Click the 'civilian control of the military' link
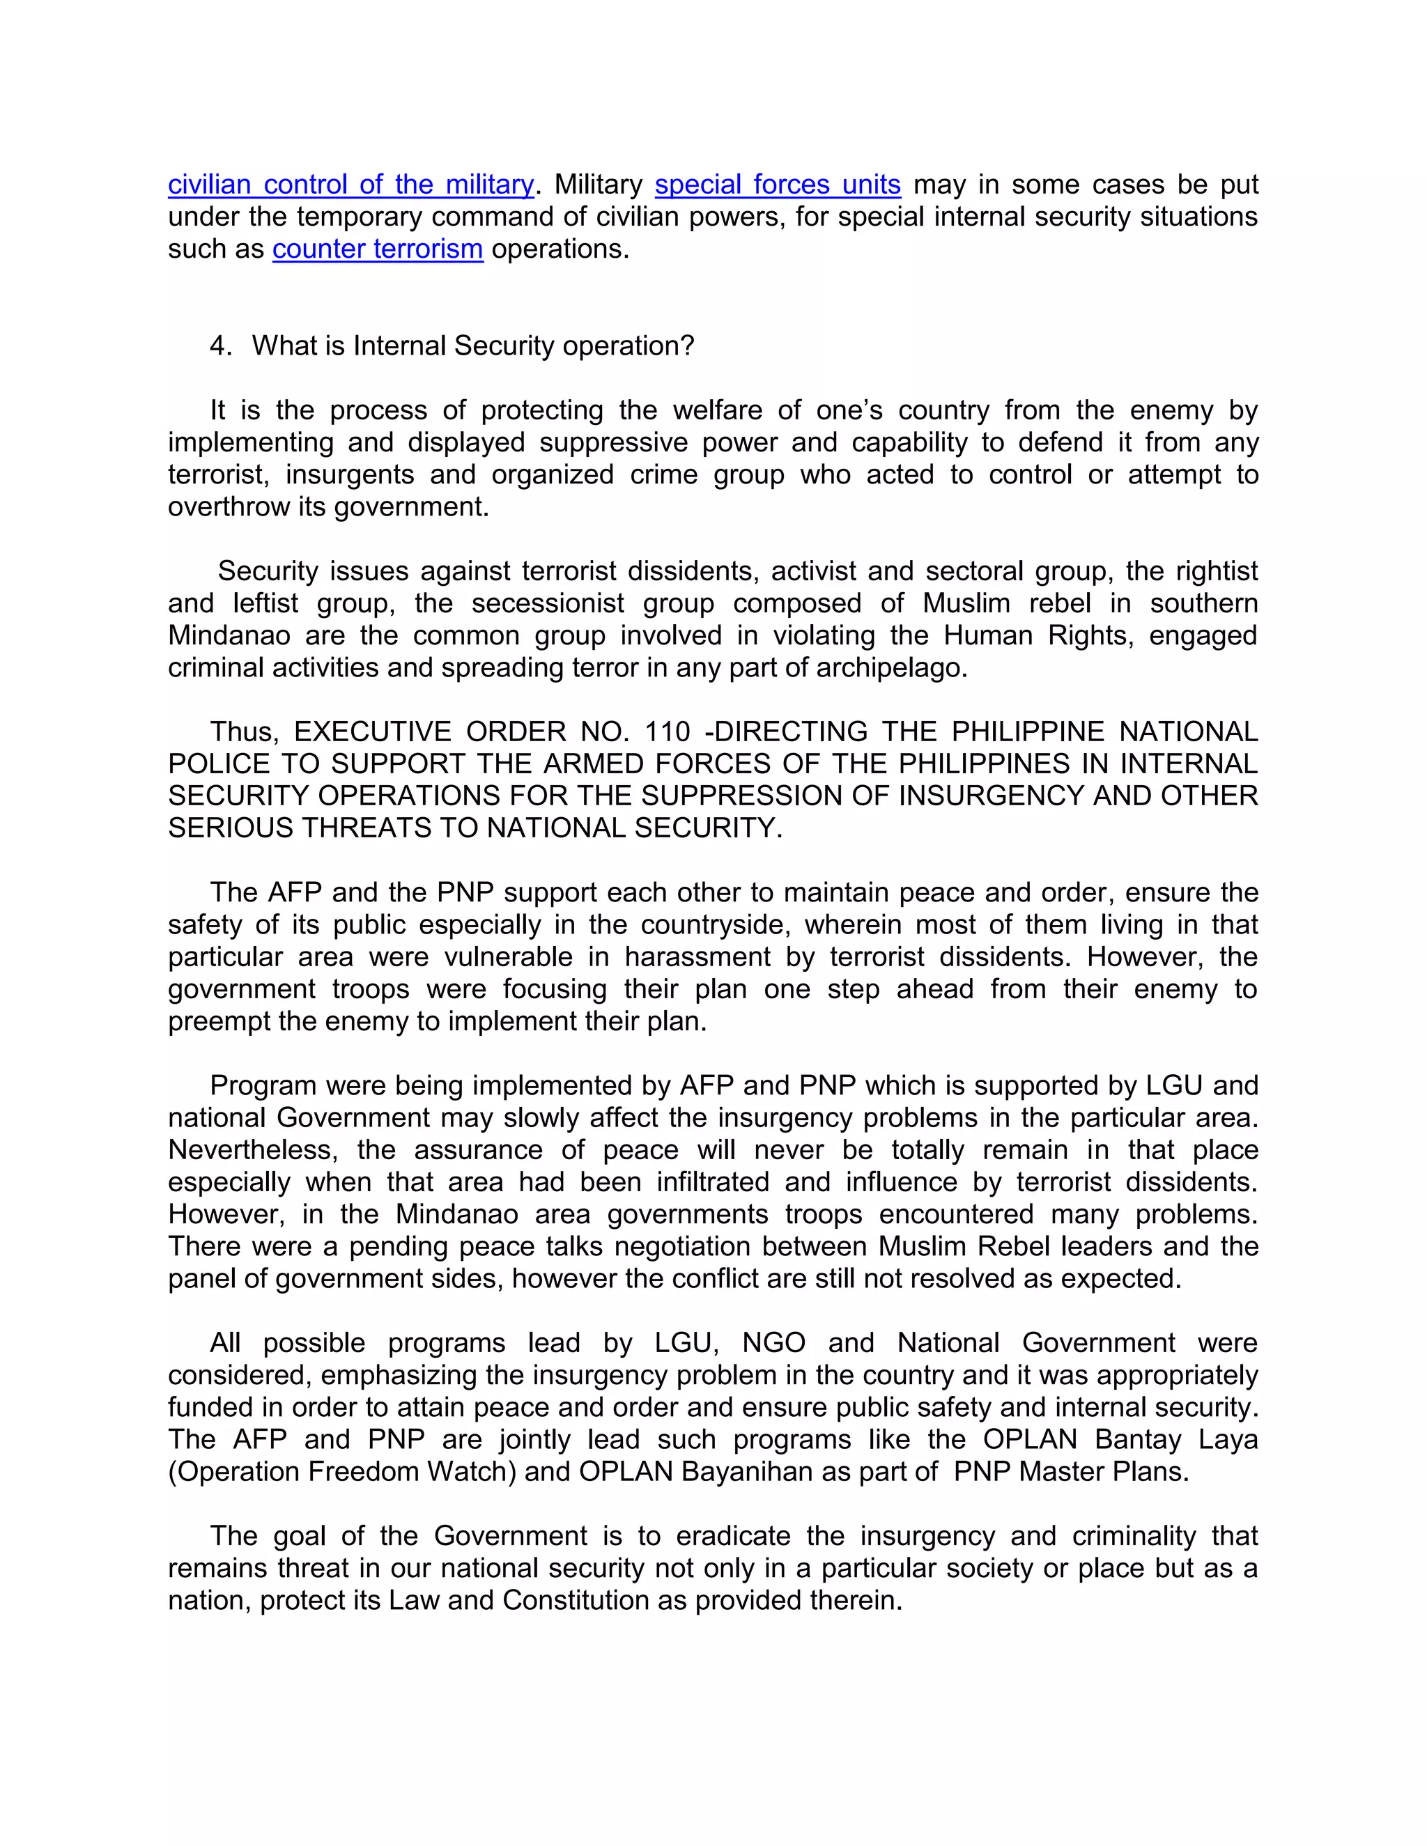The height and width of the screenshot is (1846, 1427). (x=351, y=185)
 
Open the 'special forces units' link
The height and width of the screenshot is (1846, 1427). (x=778, y=185)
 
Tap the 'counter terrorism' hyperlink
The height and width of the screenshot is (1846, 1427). (x=378, y=249)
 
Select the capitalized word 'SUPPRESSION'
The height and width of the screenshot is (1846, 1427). (x=760, y=796)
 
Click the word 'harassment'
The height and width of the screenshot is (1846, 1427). (x=697, y=957)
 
